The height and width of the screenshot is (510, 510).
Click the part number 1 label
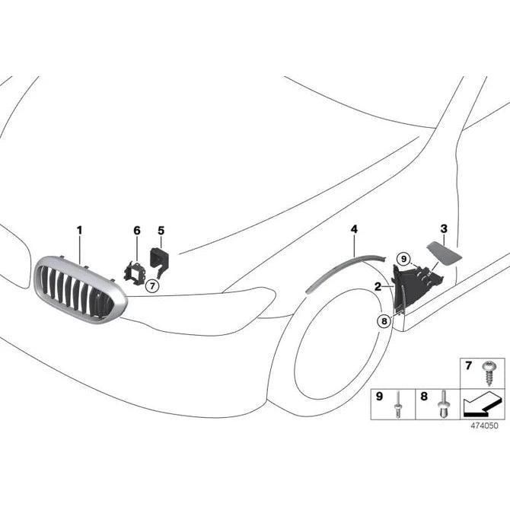pos(79,229)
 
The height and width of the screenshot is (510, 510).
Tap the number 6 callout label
pos(137,230)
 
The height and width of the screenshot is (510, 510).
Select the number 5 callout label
pos(161,230)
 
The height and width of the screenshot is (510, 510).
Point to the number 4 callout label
pos(354,228)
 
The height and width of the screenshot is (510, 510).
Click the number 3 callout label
pos(444,228)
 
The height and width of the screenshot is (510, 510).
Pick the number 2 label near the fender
pos(378,287)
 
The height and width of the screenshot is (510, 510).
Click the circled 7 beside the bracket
pos(151,285)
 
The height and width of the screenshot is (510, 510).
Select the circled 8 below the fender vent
pos(382,321)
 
